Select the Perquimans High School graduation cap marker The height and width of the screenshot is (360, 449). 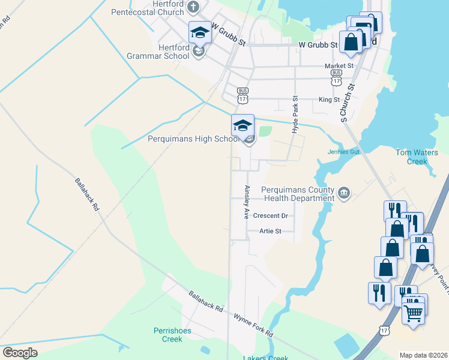pos(243,126)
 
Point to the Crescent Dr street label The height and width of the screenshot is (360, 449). pos(271,215)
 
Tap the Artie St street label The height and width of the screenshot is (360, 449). pos(270,231)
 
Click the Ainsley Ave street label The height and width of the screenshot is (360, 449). pos(246,202)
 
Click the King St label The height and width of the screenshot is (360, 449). pos(329,100)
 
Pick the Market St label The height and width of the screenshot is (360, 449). pos(339,66)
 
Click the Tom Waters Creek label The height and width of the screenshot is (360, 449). pos(417,157)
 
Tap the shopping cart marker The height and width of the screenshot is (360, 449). pos(413,311)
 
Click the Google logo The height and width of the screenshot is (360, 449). pos(20,353)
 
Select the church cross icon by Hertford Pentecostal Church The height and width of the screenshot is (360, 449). pos(193,7)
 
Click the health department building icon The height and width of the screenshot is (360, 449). pos(344,193)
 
